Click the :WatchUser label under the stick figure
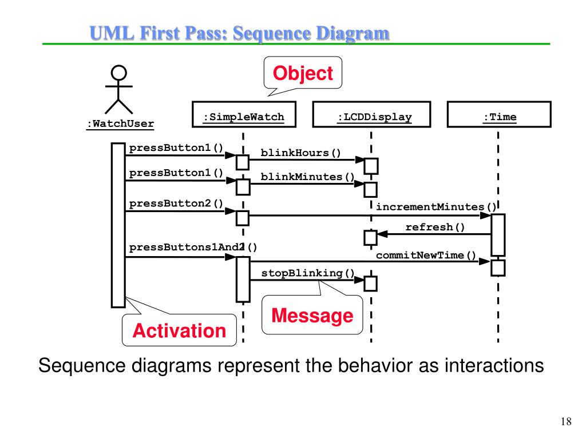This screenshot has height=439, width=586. (x=120, y=123)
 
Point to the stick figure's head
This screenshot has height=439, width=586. (x=118, y=73)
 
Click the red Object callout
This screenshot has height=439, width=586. (x=302, y=73)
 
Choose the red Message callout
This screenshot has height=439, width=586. (x=312, y=315)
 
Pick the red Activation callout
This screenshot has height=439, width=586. (x=179, y=330)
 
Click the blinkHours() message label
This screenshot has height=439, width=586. (x=300, y=153)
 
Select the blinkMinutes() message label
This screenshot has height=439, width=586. (x=308, y=177)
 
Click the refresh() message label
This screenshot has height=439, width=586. (x=435, y=228)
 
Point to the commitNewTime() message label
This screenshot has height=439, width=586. (x=426, y=255)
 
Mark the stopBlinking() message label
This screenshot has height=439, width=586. (x=308, y=273)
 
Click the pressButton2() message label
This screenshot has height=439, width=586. (x=176, y=203)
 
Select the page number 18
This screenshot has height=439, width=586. (x=566, y=422)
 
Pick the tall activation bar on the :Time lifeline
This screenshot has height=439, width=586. (x=498, y=234)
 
